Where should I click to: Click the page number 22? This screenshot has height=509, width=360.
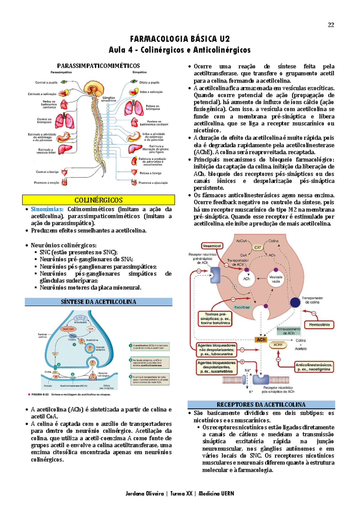point(331,25)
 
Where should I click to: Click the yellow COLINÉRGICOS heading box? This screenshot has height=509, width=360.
point(98,200)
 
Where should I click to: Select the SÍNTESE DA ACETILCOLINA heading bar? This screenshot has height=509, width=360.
point(98,302)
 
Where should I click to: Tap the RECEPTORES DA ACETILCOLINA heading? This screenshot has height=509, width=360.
point(261,405)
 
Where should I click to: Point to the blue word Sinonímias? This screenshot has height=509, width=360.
point(47,209)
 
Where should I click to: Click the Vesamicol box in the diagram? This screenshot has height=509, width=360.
point(212,246)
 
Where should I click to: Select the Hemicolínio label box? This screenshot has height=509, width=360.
point(319,325)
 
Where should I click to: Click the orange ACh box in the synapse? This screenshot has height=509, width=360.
point(261,340)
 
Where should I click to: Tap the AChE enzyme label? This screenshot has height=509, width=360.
point(278,345)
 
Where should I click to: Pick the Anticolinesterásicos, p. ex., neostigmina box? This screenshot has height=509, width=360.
point(314,367)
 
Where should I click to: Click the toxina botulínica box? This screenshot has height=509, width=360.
point(215,319)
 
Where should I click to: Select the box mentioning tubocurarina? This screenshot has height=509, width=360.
point(216,350)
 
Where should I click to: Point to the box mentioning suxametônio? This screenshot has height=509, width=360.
point(216,367)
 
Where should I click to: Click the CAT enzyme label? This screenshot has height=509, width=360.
point(258,248)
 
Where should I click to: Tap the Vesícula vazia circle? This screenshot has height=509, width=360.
point(276,279)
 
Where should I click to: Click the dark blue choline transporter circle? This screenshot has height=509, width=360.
point(295,302)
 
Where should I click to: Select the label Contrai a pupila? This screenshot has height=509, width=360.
point(46,83)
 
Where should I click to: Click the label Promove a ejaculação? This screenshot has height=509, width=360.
point(153,182)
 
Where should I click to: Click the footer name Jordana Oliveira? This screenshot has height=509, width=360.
point(145,493)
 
